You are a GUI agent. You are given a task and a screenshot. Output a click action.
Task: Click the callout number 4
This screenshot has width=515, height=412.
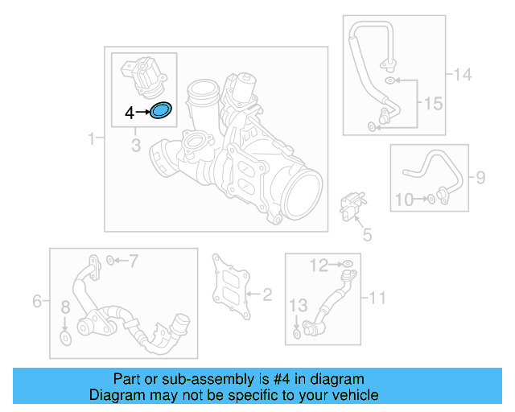pos(130,113)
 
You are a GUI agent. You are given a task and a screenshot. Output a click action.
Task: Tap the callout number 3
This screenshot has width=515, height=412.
pos(136,145)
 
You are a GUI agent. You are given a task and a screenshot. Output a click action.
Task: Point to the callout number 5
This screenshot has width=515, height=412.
pos(367,235)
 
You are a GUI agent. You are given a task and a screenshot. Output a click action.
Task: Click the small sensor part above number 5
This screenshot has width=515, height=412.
pos(352,202)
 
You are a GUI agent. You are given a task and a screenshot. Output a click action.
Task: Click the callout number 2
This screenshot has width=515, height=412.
pos(267,295)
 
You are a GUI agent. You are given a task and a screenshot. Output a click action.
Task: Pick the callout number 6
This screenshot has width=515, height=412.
pos(37,302)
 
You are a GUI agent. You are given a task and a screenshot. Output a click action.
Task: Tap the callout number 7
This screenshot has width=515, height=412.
pos(134,260)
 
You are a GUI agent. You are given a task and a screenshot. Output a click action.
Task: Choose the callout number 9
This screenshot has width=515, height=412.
pos(480,177)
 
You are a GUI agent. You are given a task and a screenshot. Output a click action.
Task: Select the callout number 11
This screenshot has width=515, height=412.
pos(377,299)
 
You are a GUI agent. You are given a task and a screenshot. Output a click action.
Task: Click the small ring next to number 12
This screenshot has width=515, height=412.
pos(347,264)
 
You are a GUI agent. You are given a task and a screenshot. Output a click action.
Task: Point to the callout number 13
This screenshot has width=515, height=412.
pos(298,306)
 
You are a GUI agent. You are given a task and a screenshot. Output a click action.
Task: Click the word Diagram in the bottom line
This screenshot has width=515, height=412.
pos(117,395)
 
